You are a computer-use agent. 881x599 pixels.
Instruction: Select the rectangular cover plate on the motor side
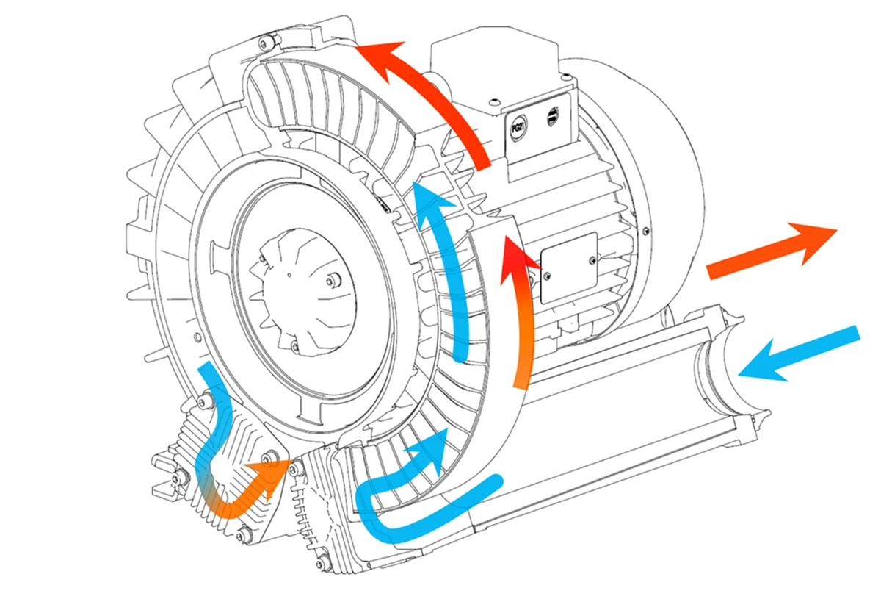click(x=570, y=268)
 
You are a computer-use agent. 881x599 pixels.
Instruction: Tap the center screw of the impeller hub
click(x=333, y=280)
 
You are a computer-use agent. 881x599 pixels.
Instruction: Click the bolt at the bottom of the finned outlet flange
click(x=321, y=564)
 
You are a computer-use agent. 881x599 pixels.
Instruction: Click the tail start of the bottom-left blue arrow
click(x=206, y=367)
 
